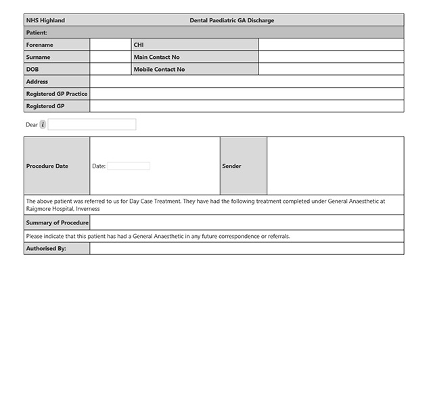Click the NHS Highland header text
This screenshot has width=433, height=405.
45,20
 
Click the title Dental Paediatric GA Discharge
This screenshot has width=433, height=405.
232,20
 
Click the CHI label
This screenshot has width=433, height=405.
139,45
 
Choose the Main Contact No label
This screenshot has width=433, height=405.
156,57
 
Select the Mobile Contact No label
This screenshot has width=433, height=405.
159,69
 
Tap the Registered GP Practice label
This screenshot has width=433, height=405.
57,94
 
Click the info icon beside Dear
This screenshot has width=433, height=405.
43,124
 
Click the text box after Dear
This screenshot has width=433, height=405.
92,124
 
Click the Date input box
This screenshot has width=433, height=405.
129,166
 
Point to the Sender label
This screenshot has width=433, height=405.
231,166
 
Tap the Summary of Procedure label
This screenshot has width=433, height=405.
57,222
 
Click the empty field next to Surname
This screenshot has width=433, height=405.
110,57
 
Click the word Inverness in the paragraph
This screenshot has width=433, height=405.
88,209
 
